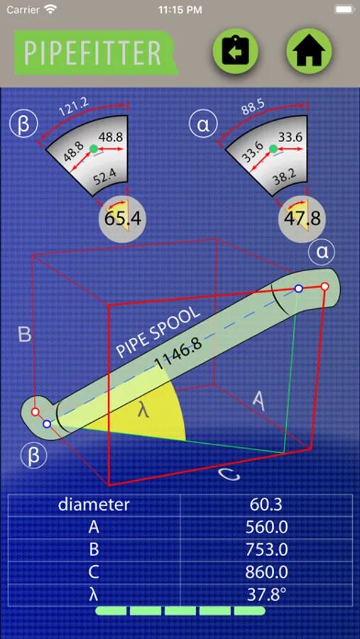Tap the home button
click(x=309, y=51)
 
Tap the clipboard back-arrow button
click(x=235, y=51)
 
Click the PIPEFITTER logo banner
click(x=97, y=53)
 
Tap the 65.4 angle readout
click(x=123, y=219)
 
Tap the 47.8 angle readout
click(x=302, y=218)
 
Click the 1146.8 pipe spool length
click(x=178, y=354)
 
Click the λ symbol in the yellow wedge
click(x=143, y=411)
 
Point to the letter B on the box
click(x=25, y=334)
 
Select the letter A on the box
click(x=260, y=401)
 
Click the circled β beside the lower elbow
click(x=34, y=455)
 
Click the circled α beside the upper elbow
click(x=322, y=253)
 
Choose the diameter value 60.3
click(x=266, y=505)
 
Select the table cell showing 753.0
click(x=266, y=550)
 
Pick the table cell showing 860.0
click(x=266, y=572)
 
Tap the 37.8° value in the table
click(x=266, y=594)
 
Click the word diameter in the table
click(x=94, y=505)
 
